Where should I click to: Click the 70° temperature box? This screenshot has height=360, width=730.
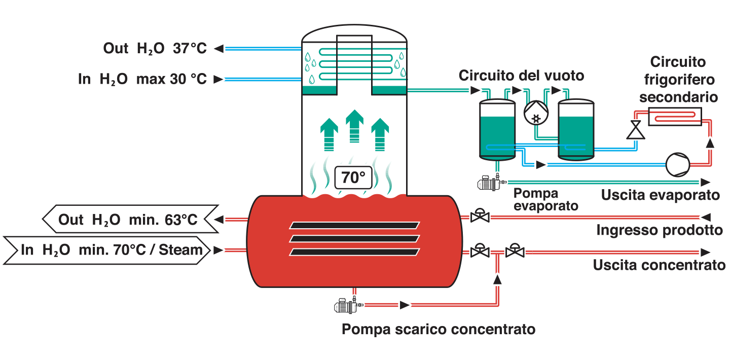point(354,177)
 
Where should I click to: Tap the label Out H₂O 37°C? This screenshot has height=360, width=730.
point(155,49)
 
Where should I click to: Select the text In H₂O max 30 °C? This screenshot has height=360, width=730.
point(142,79)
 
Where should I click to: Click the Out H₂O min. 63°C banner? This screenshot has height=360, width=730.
point(130,219)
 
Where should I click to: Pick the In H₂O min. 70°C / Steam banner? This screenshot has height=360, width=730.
point(107,250)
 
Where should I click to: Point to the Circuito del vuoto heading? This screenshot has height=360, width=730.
point(521,76)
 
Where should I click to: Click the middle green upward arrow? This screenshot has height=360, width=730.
point(354,126)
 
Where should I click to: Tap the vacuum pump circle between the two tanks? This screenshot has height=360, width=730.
point(536,113)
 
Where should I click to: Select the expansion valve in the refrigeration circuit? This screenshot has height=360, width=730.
point(636,130)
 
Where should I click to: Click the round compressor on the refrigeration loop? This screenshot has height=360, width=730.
point(678,165)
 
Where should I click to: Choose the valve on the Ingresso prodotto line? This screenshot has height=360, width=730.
point(480,216)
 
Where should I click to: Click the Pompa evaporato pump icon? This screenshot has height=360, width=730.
point(491,183)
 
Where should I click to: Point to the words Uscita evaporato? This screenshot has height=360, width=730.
point(661,195)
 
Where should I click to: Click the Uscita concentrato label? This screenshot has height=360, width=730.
point(659,265)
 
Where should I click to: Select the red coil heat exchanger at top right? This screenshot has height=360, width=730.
point(675,117)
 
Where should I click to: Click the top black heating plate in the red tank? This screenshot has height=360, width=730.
point(354,225)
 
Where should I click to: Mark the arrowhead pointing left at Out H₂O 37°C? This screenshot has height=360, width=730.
point(218,49)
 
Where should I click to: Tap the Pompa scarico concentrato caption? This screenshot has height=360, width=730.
point(439,329)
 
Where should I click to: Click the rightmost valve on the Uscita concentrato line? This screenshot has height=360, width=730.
point(515,251)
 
